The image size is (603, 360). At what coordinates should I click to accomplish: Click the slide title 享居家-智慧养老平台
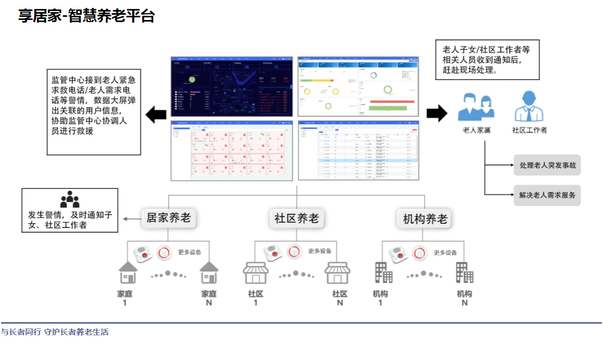click(86, 16)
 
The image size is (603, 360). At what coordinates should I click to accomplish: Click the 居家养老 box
click(169, 218)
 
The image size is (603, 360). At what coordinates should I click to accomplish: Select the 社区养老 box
click(296, 218)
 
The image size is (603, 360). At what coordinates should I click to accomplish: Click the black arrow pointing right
click(437, 113)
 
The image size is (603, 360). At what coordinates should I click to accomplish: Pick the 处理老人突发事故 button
click(547, 165)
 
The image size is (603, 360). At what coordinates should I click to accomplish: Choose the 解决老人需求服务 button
click(547, 195)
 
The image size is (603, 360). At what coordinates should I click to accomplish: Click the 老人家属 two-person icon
click(476, 107)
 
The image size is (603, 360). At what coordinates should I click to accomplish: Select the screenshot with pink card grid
click(232, 151)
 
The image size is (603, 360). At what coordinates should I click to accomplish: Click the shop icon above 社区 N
click(338, 274)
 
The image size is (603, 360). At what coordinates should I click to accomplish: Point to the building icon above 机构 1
click(383, 273)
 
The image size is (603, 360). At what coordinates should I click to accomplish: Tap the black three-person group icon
click(70, 199)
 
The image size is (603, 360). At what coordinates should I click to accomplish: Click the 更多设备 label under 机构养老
click(445, 253)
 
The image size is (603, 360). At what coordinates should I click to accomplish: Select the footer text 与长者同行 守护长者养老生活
click(55, 332)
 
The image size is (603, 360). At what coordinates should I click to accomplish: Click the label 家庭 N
click(209, 298)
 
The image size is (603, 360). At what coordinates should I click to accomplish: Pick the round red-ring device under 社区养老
click(294, 252)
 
